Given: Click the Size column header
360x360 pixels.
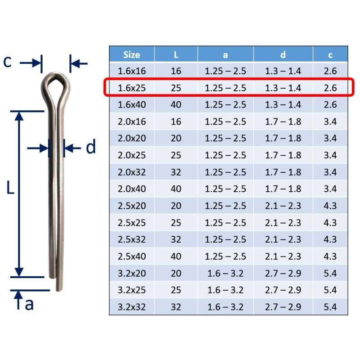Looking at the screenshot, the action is [x=131, y=54].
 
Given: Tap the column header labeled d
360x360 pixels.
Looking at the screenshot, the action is [x=283, y=54].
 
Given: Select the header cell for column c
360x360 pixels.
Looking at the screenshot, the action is [x=330, y=55].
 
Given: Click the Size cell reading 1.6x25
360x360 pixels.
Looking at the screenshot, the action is [x=131, y=88].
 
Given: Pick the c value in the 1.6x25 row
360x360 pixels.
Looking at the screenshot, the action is [x=330, y=88].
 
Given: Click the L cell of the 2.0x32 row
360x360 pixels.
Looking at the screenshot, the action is [x=176, y=172].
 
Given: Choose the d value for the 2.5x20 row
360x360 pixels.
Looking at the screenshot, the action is [x=283, y=206].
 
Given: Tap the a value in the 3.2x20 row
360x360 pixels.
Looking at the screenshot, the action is [x=225, y=273].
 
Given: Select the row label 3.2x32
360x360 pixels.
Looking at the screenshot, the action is [x=131, y=307].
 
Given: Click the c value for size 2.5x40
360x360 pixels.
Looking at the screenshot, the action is [x=330, y=256].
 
